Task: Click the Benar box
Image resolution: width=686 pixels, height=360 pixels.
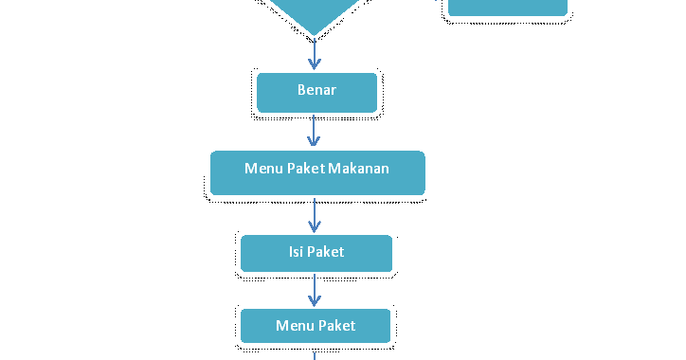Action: [316, 92]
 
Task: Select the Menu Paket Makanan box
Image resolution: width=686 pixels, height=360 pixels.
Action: [316, 171]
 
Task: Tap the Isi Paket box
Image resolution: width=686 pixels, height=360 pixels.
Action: [316, 253]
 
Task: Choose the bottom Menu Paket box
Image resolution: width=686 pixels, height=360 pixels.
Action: [316, 326]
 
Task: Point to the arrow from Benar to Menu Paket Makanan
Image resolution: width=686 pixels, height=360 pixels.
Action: [315, 132]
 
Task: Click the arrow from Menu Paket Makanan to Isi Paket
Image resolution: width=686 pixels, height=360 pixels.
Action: [315, 215]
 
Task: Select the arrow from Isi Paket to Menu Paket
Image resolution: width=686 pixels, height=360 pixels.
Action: [315, 290]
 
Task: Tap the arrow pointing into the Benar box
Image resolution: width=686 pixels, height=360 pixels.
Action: [315, 54]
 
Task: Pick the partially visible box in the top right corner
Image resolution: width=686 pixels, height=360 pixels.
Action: [508, 8]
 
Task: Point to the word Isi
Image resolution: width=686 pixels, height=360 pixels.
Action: [296, 252]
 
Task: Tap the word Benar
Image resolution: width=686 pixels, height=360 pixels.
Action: [316, 91]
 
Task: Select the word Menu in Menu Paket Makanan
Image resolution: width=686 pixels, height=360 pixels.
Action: [263, 169]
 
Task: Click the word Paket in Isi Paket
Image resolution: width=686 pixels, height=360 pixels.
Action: [325, 252]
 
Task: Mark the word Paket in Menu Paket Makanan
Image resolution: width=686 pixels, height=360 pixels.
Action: [305, 169]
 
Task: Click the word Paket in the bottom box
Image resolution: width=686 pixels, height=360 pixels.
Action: [336, 326]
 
